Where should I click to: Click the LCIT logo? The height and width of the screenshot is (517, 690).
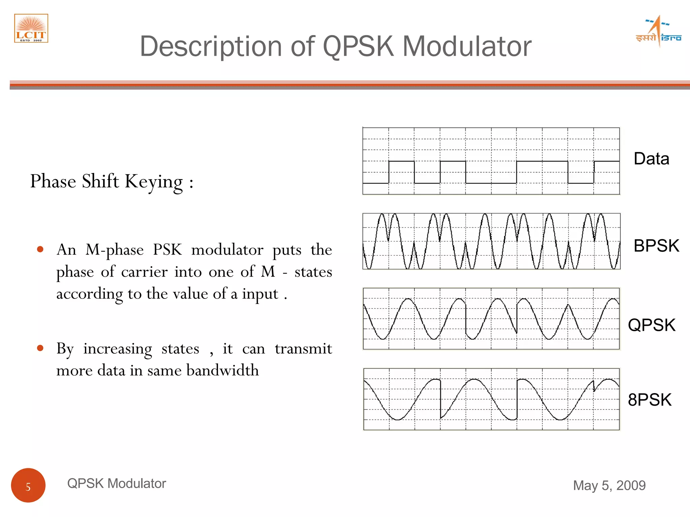[31, 28]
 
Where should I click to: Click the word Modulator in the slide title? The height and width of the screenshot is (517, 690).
[467, 46]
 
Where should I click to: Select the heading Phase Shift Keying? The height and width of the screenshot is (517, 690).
[112, 182]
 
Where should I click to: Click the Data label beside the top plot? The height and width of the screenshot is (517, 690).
[651, 159]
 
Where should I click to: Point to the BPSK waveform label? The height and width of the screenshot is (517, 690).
[656, 246]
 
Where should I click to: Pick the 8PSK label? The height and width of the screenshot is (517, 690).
[650, 400]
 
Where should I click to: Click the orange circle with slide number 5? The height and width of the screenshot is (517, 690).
[28, 485]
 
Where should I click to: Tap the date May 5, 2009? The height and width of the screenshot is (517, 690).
[609, 485]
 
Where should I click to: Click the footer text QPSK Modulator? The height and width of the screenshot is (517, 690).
[117, 483]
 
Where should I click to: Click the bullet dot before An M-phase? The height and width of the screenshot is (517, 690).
[40, 249]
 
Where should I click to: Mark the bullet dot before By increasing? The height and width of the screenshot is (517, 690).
[40, 348]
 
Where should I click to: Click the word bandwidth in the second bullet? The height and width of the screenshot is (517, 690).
[223, 370]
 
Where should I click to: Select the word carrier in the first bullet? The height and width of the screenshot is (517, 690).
[144, 272]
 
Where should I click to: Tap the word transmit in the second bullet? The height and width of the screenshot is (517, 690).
[303, 349]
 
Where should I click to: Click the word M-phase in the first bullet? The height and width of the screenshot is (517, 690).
[115, 250]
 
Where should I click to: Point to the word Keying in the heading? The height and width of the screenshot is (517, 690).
[154, 182]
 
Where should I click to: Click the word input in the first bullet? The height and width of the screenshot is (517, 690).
[260, 294]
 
